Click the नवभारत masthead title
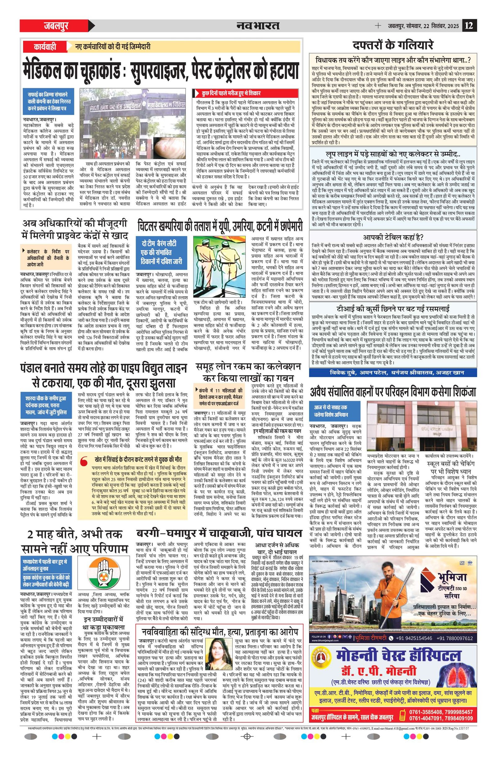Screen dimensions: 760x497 click(258, 25)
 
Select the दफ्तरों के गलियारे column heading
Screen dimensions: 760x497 click(393, 45)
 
